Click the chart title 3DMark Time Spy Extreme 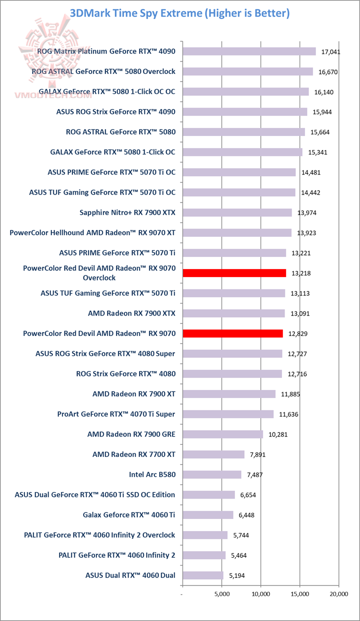coord(179,13)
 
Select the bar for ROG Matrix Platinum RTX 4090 coord(249,51)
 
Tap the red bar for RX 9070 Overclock coord(234,273)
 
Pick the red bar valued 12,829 coord(232,333)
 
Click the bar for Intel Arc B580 coord(212,474)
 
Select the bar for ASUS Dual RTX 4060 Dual coord(203,575)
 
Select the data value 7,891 coord(259,454)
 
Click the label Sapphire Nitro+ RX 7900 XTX coord(127,212)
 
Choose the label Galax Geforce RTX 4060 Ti coord(129,514)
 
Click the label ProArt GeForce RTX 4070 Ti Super coord(116,414)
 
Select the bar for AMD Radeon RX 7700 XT coord(213,454)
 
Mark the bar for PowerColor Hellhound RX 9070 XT coord(237,232)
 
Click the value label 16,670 coord(328,72)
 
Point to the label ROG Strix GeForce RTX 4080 coord(125,373)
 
